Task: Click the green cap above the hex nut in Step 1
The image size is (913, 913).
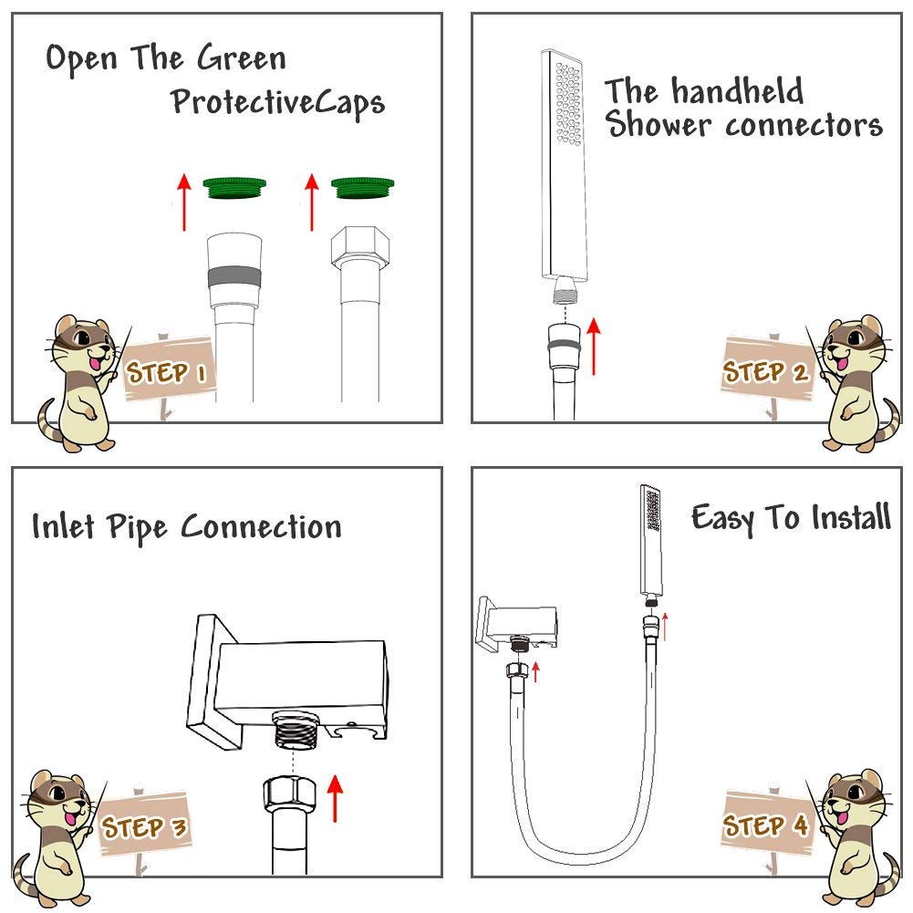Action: pyautogui.click(x=358, y=187)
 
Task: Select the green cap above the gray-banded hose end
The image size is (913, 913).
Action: pyautogui.click(x=230, y=187)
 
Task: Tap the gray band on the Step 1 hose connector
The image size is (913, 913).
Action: pyautogui.click(x=230, y=275)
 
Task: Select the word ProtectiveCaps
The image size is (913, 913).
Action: pyautogui.click(x=277, y=102)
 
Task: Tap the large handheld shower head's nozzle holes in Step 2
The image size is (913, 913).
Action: pyautogui.click(x=566, y=100)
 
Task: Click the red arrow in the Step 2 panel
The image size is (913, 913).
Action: pyautogui.click(x=596, y=345)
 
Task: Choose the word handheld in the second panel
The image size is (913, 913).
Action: pyautogui.click(x=737, y=91)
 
